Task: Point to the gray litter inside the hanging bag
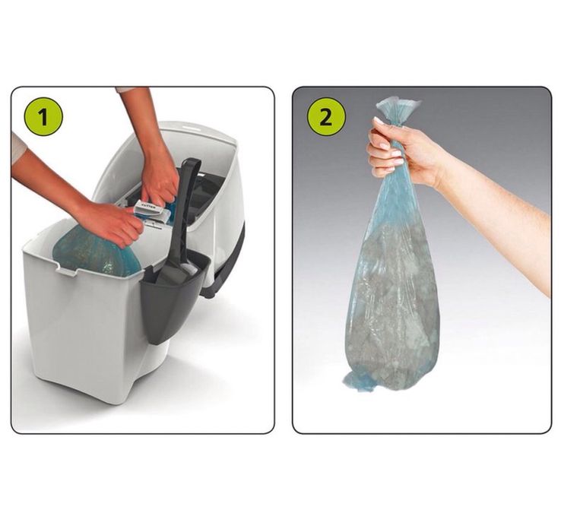391,304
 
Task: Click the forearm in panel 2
502,220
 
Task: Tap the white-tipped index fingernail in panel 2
378,121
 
